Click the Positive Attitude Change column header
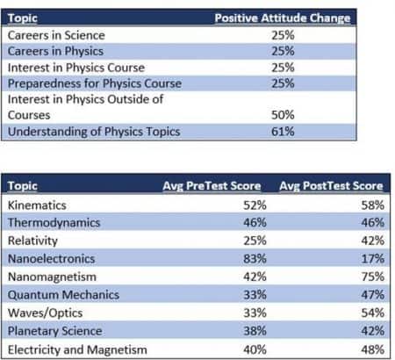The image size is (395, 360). click(283, 18)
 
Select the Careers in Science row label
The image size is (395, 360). click(56, 35)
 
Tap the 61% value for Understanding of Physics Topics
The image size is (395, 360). click(283, 132)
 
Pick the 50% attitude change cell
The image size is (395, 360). click(283, 115)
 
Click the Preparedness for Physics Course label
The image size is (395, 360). click(95, 83)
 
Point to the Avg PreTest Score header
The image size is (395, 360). click(212, 186)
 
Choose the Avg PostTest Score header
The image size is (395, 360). click(331, 186)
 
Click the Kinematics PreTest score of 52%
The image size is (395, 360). click(255, 205)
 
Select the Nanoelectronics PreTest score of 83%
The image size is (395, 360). click(255, 259)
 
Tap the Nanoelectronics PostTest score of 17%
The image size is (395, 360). click(373, 259)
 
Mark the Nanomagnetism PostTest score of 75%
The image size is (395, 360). click(373, 277)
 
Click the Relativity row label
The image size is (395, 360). click(32, 241)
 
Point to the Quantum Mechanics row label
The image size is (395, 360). click(63, 295)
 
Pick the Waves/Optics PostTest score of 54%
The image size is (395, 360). click(373, 313)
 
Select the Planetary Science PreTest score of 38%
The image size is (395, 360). click(255, 331)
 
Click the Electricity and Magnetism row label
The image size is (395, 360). click(77, 349)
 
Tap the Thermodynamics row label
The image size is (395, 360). click(54, 223)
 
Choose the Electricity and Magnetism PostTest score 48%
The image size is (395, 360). click(373, 349)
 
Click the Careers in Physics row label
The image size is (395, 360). click(55, 52)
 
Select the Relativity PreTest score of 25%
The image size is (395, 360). click(255, 241)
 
